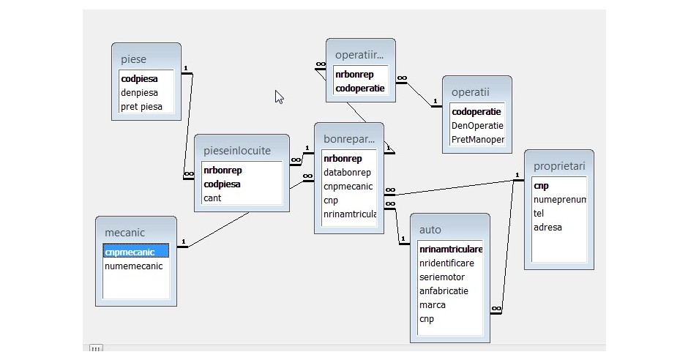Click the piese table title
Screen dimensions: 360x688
134,59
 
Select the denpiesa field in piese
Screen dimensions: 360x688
139,93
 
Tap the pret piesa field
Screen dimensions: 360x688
141,107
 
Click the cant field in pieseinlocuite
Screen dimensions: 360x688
212,198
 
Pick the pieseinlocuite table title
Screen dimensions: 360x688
236,151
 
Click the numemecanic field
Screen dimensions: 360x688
134,266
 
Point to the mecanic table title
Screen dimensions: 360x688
124,233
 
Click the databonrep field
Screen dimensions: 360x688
347,173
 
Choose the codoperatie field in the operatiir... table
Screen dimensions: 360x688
359,89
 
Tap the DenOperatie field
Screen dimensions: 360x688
477,125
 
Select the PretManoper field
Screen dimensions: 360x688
478,139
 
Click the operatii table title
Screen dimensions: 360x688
470,91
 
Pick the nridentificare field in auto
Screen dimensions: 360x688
446,263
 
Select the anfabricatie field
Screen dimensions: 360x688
444,290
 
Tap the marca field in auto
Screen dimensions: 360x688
433,304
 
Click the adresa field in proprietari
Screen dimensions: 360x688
547,228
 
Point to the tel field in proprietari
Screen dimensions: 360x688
539,214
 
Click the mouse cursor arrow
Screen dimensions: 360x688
279,97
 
